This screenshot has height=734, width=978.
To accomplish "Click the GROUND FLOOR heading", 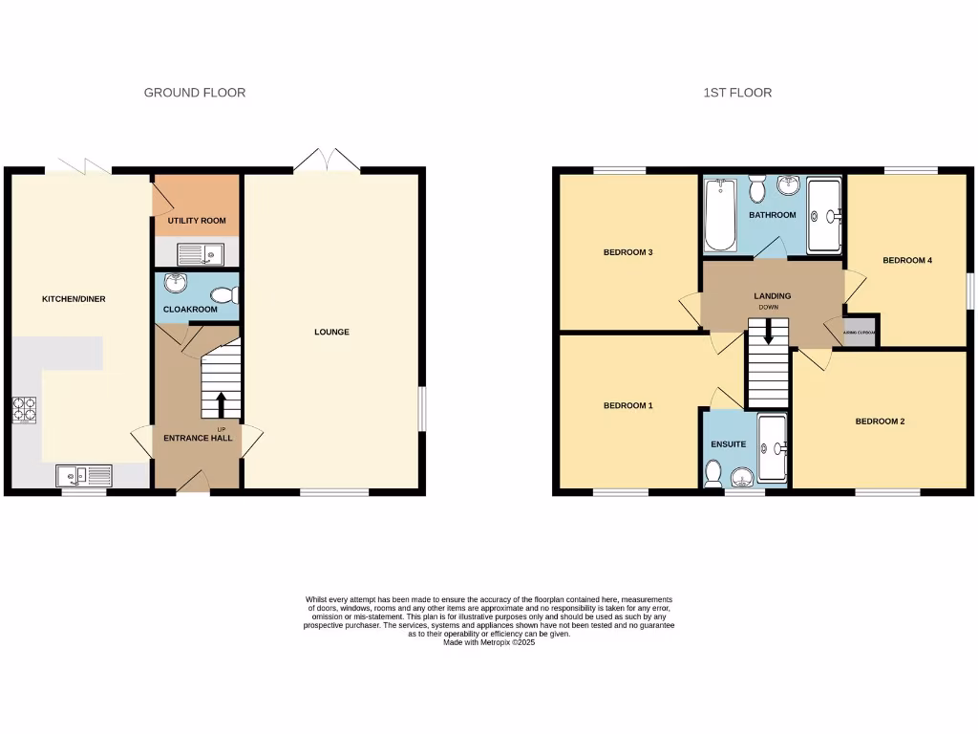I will [x=194, y=93].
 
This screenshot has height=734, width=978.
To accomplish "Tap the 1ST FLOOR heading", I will [x=737, y=93].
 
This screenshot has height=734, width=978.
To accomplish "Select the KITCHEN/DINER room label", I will [x=74, y=299].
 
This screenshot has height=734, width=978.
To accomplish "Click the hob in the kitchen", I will [x=23, y=410].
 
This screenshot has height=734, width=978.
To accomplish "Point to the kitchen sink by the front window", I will [x=83, y=475].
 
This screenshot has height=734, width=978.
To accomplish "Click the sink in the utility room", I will [x=200, y=253].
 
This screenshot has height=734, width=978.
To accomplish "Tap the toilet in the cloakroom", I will [x=226, y=294].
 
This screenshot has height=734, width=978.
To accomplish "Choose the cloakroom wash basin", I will [x=175, y=283].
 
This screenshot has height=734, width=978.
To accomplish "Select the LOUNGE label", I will [x=331, y=333].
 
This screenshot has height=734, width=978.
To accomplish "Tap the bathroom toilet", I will [x=758, y=189].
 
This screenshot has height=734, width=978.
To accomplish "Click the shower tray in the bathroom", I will [x=824, y=217].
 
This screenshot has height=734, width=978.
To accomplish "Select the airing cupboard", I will [x=861, y=332].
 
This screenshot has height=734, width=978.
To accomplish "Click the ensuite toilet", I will [x=712, y=471].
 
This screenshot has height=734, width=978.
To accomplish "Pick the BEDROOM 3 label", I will [x=627, y=253].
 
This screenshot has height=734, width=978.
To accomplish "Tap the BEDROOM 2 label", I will [x=880, y=421].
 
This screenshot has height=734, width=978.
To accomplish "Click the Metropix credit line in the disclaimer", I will [x=489, y=642].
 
